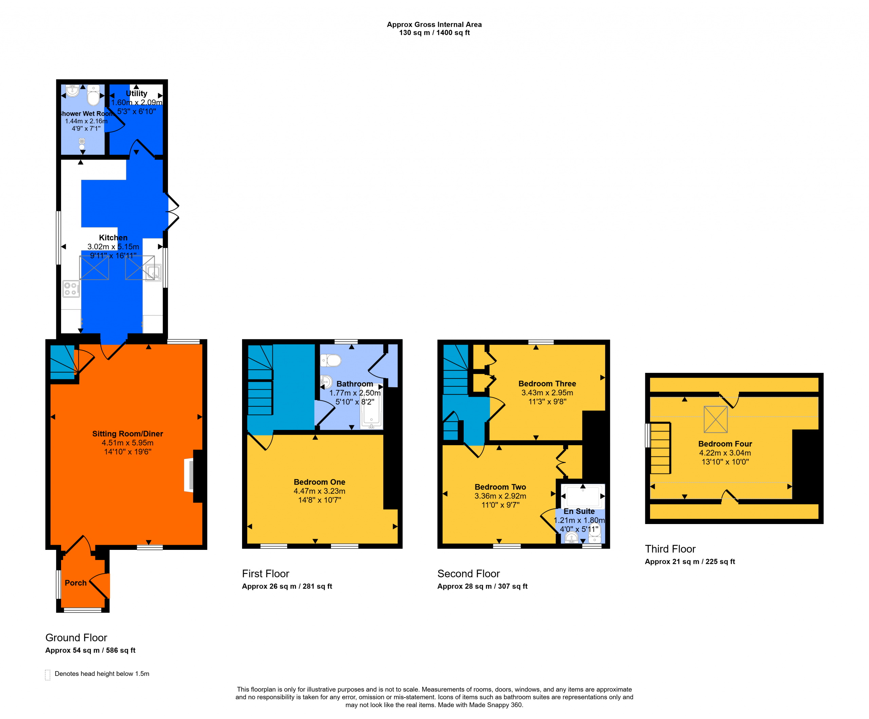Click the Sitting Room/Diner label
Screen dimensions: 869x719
127,434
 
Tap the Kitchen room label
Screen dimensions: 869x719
113,238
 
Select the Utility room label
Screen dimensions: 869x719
136,93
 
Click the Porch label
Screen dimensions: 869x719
76,583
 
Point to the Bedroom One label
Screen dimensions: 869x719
319,482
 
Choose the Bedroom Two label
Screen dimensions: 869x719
500,487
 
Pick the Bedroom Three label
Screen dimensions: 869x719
547,384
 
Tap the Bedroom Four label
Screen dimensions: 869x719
725,444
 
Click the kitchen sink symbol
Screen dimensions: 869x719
153,272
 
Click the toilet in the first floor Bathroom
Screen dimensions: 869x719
331,361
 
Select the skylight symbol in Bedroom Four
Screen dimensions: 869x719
716,419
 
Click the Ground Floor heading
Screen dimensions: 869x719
76,637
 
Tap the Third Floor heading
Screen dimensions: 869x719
670,549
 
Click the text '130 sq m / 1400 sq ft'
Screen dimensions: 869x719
434,33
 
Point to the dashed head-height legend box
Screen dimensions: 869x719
48,675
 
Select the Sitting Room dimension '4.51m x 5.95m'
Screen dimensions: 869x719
127,443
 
